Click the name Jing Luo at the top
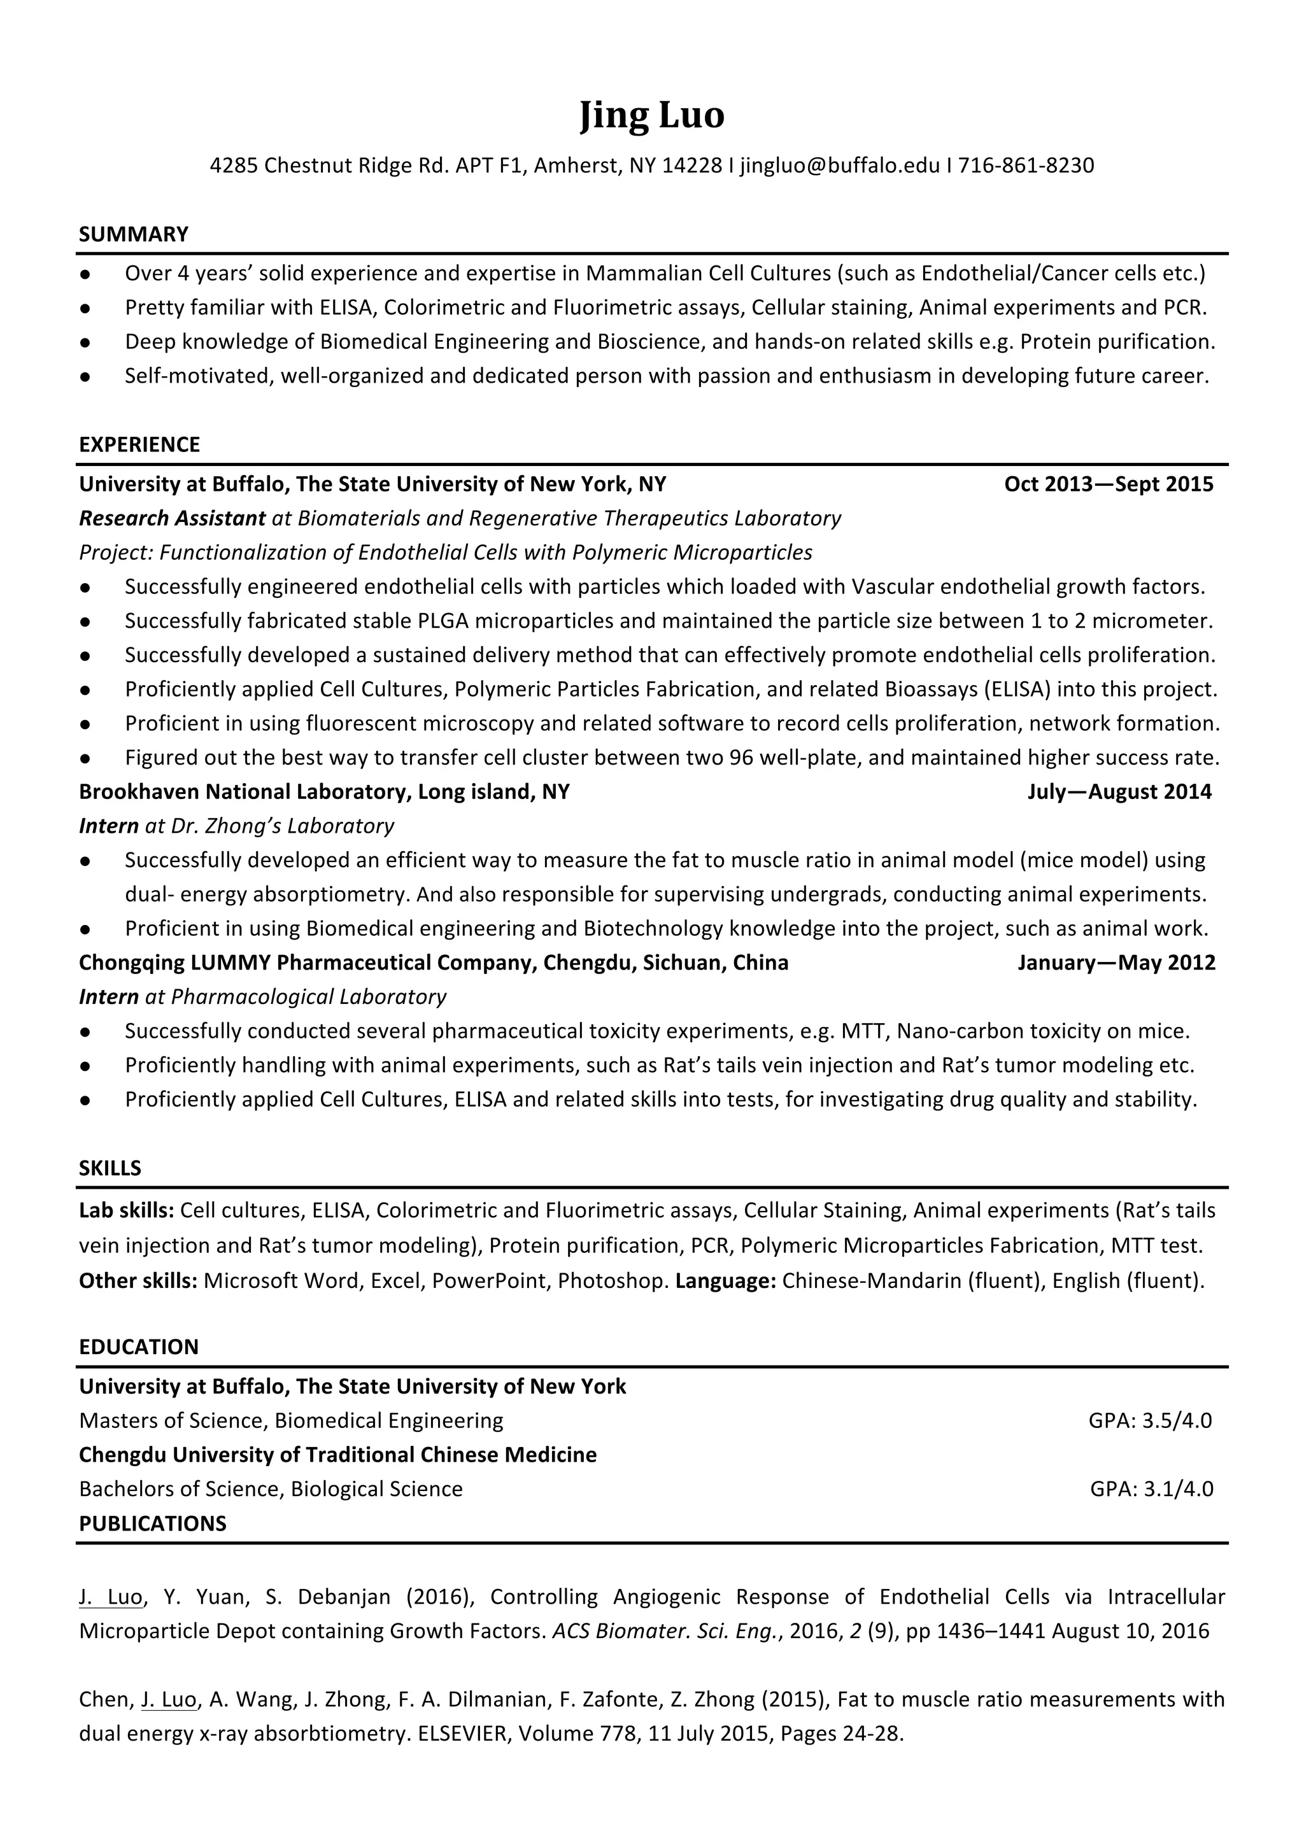[651, 115]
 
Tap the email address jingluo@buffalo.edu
[840, 166]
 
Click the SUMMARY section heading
[133, 235]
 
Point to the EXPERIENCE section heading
[139, 444]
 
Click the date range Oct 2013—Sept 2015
[1108, 484]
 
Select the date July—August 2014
[1119, 791]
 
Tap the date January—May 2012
[1116, 962]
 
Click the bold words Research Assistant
[172, 518]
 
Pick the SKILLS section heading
[110, 1168]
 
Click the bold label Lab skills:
[126, 1210]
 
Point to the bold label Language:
[725, 1280]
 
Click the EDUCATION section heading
[138, 1347]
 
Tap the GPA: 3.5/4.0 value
[1150, 1421]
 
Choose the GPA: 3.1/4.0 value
[1151, 1489]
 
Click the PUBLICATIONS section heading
[153, 1523]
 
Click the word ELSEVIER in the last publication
[463, 1734]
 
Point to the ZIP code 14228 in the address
[691, 166]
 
